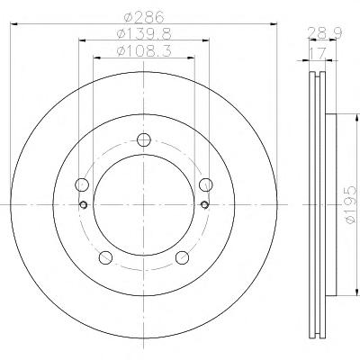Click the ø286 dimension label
pos(144,17)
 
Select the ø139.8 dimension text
pos(144,34)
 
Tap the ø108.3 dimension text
pos(144,51)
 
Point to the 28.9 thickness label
pos(325,33)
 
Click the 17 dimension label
pos(318,54)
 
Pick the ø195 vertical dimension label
pos(350,204)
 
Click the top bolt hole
pos(144,139)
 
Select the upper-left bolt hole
pos(81,184)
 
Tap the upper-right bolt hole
pos(206,184)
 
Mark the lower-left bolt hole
pos(105,257)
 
